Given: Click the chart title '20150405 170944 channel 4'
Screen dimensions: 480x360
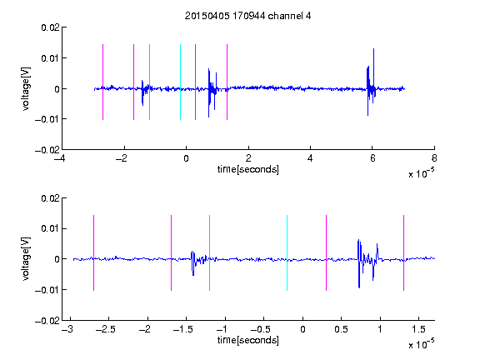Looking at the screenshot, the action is [x=247, y=16].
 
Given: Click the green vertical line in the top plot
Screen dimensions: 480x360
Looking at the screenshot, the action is [x=149, y=82].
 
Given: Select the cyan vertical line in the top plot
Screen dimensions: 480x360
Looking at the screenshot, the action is [x=180, y=82].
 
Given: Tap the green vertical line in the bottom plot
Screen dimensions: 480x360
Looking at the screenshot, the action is [x=209, y=252].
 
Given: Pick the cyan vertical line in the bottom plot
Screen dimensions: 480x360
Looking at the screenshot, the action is [x=287, y=252].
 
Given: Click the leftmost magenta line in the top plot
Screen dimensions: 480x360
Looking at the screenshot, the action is [x=102, y=82].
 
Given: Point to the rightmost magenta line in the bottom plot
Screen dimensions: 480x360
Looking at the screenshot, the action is [x=404, y=252].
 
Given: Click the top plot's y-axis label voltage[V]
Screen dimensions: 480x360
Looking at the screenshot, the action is [x=26, y=89].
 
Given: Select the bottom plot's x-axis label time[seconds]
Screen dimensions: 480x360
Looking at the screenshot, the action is [x=248, y=340].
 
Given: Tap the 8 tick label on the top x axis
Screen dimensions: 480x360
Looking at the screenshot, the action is [x=434, y=158].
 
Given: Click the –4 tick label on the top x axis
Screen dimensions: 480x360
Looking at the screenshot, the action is [x=60, y=158].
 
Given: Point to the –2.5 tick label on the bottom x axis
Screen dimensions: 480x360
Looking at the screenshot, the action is [x=105, y=329].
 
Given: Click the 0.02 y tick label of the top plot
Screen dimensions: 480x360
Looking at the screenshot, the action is [x=50, y=27].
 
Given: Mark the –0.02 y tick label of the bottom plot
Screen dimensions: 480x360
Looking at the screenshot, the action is [x=47, y=321].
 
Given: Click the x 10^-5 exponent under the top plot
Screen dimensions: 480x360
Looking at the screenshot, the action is [x=422, y=173].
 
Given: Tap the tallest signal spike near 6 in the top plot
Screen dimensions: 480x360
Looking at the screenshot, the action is [x=374, y=71].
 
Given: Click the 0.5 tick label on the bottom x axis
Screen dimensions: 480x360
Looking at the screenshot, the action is [x=341, y=329].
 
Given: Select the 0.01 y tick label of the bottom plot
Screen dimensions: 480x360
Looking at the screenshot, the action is [x=50, y=228].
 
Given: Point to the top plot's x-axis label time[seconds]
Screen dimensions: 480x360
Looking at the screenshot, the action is [x=248, y=169].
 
